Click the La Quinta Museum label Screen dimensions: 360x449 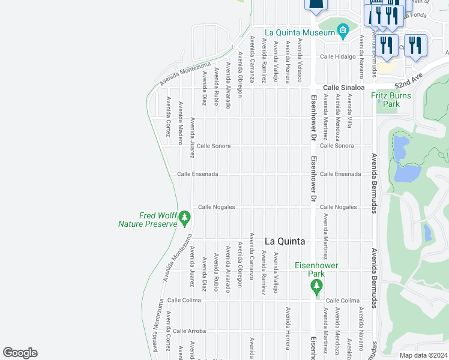[x=300, y=32]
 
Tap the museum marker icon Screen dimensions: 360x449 [x=342, y=30]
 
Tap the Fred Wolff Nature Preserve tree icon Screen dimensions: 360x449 [x=185, y=215]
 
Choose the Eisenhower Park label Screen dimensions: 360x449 [x=316, y=269]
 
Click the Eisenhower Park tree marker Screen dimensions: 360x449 [x=316, y=289]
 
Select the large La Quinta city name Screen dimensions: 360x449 [x=285, y=241]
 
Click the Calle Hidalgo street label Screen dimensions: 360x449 [x=338, y=56]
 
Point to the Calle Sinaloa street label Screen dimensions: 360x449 [x=345, y=87]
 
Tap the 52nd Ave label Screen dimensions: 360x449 [x=409, y=77]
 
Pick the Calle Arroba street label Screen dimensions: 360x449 [x=189, y=331]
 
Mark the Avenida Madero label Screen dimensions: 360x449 [x=180, y=123]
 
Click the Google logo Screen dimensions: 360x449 [x=20, y=353]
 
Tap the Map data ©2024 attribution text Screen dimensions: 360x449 [x=423, y=355]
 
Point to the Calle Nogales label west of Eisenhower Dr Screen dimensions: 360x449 [x=216, y=207]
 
